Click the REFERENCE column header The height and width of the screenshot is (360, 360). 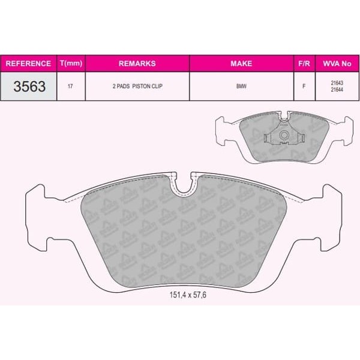[28, 64]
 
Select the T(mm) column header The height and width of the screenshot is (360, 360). [71, 63]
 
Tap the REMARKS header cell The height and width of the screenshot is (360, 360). [137, 64]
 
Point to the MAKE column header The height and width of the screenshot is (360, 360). [241, 64]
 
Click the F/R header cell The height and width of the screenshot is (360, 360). [304, 64]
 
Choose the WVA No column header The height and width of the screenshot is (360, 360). [337, 64]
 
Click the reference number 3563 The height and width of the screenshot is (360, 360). [29, 86]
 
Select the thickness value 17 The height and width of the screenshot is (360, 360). [70, 86]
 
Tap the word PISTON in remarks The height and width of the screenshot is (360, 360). [140, 86]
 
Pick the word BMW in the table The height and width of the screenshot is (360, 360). [241, 86]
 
